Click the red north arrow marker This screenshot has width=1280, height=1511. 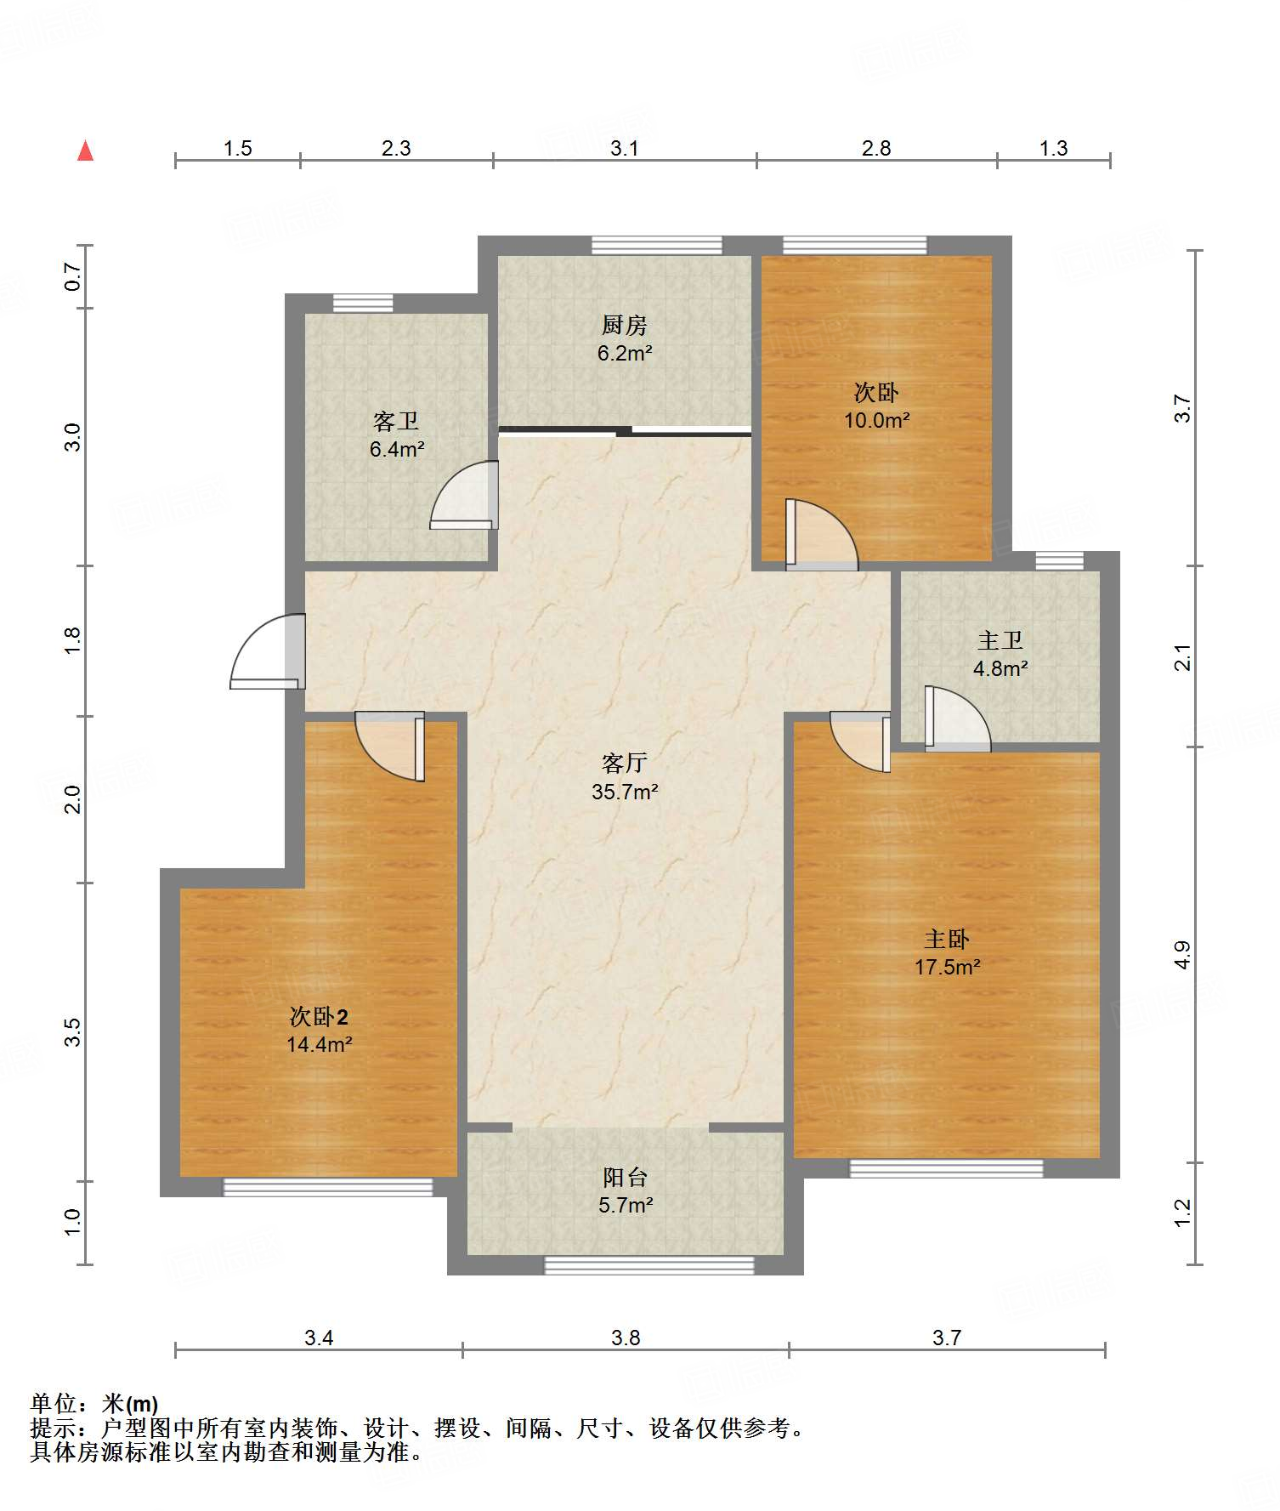(85, 151)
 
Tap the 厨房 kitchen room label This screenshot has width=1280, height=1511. (625, 325)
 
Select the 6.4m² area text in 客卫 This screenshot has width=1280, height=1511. (397, 449)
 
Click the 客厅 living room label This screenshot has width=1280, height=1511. (625, 763)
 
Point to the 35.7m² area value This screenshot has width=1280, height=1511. (626, 792)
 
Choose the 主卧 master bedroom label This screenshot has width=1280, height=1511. (947, 939)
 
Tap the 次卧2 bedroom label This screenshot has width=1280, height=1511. (319, 1016)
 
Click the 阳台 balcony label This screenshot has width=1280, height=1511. (626, 1177)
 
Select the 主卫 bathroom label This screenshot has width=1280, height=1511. (1000, 639)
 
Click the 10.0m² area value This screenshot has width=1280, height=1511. (877, 420)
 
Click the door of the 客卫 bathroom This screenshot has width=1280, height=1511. (464, 495)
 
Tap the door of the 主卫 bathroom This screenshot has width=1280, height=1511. (958, 719)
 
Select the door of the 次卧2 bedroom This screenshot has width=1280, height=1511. (389, 746)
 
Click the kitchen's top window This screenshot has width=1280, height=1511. (657, 246)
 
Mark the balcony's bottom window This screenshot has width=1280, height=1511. (649, 1265)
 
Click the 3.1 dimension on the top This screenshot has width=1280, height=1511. (625, 148)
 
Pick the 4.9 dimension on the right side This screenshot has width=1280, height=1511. (1182, 955)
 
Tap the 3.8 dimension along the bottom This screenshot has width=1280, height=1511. (626, 1338)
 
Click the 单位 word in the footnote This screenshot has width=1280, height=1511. (54, 1404)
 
